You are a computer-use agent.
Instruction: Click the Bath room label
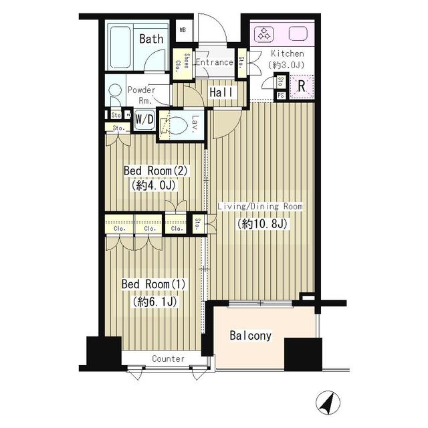click(151, 39)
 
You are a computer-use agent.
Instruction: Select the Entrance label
click(214, 63)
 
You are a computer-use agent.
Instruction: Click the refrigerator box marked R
click(302, 85)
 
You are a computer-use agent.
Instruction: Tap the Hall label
click(220, 92)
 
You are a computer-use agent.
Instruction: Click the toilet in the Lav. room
click(175, 125)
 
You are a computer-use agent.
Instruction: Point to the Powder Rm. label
click(142, 95)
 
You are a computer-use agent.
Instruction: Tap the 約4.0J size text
click(156, 186)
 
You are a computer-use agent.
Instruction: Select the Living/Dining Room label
click(260, 207)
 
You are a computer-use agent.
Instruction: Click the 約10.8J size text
click(260, 224)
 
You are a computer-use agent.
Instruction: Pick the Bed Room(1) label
click(153, 284)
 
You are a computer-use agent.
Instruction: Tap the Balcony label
click(251, 335)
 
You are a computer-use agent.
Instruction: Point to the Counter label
click(168, 359)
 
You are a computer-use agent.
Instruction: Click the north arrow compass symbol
click(328, 402)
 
